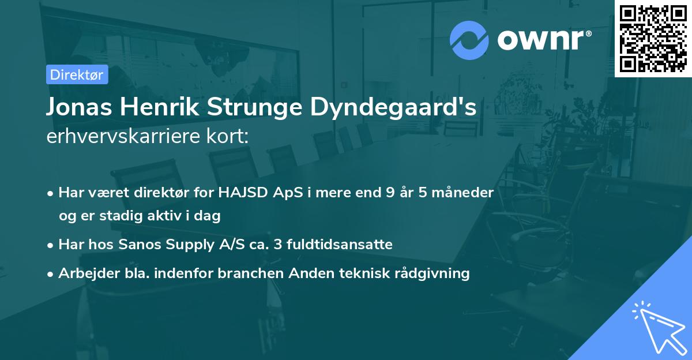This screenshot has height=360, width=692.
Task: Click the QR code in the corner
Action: point(653,39)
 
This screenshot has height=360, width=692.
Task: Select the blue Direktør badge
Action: point(77,74)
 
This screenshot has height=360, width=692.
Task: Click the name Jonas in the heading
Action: point(77,107)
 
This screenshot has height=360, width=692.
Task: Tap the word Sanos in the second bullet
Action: point(138,245)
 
